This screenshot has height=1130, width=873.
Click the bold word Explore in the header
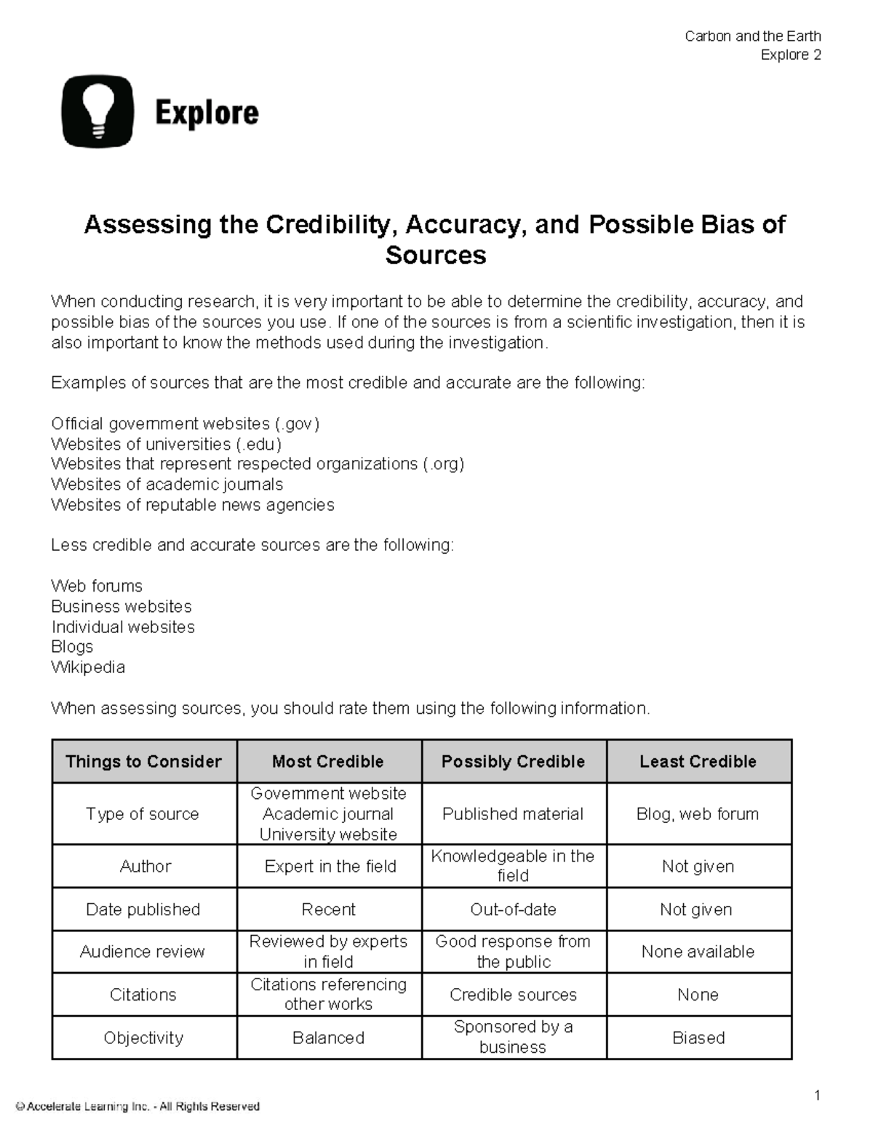pos(207,114)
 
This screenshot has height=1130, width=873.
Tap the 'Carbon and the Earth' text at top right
pos(752,36)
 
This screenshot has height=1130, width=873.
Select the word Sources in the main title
pos(435,255)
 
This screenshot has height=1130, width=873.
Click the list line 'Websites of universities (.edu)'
pos(166,444)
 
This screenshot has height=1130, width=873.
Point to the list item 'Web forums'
pos(97,586)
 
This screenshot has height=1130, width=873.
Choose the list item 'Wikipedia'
pos(88,667)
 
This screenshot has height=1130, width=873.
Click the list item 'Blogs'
pos(72,647)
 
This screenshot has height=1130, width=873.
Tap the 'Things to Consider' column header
pos(144,762)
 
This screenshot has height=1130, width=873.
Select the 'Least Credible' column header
pos(698,762)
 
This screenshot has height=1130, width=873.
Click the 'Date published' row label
pos(143,910)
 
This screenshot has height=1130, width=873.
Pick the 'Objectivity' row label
pos(143,1038)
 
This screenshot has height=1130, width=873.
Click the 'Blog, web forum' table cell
pos(698,814)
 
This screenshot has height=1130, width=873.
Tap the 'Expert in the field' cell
pos(330,867)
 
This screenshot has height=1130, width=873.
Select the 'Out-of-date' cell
pos(513,910)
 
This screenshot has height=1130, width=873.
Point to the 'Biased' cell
pos(698,1038)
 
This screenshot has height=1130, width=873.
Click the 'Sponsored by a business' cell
pos(513,1037)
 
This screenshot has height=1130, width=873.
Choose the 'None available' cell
pos(698,952)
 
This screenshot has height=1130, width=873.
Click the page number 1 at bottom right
pos(817,1096)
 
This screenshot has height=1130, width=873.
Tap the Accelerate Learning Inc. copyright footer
pos(138,1107)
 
